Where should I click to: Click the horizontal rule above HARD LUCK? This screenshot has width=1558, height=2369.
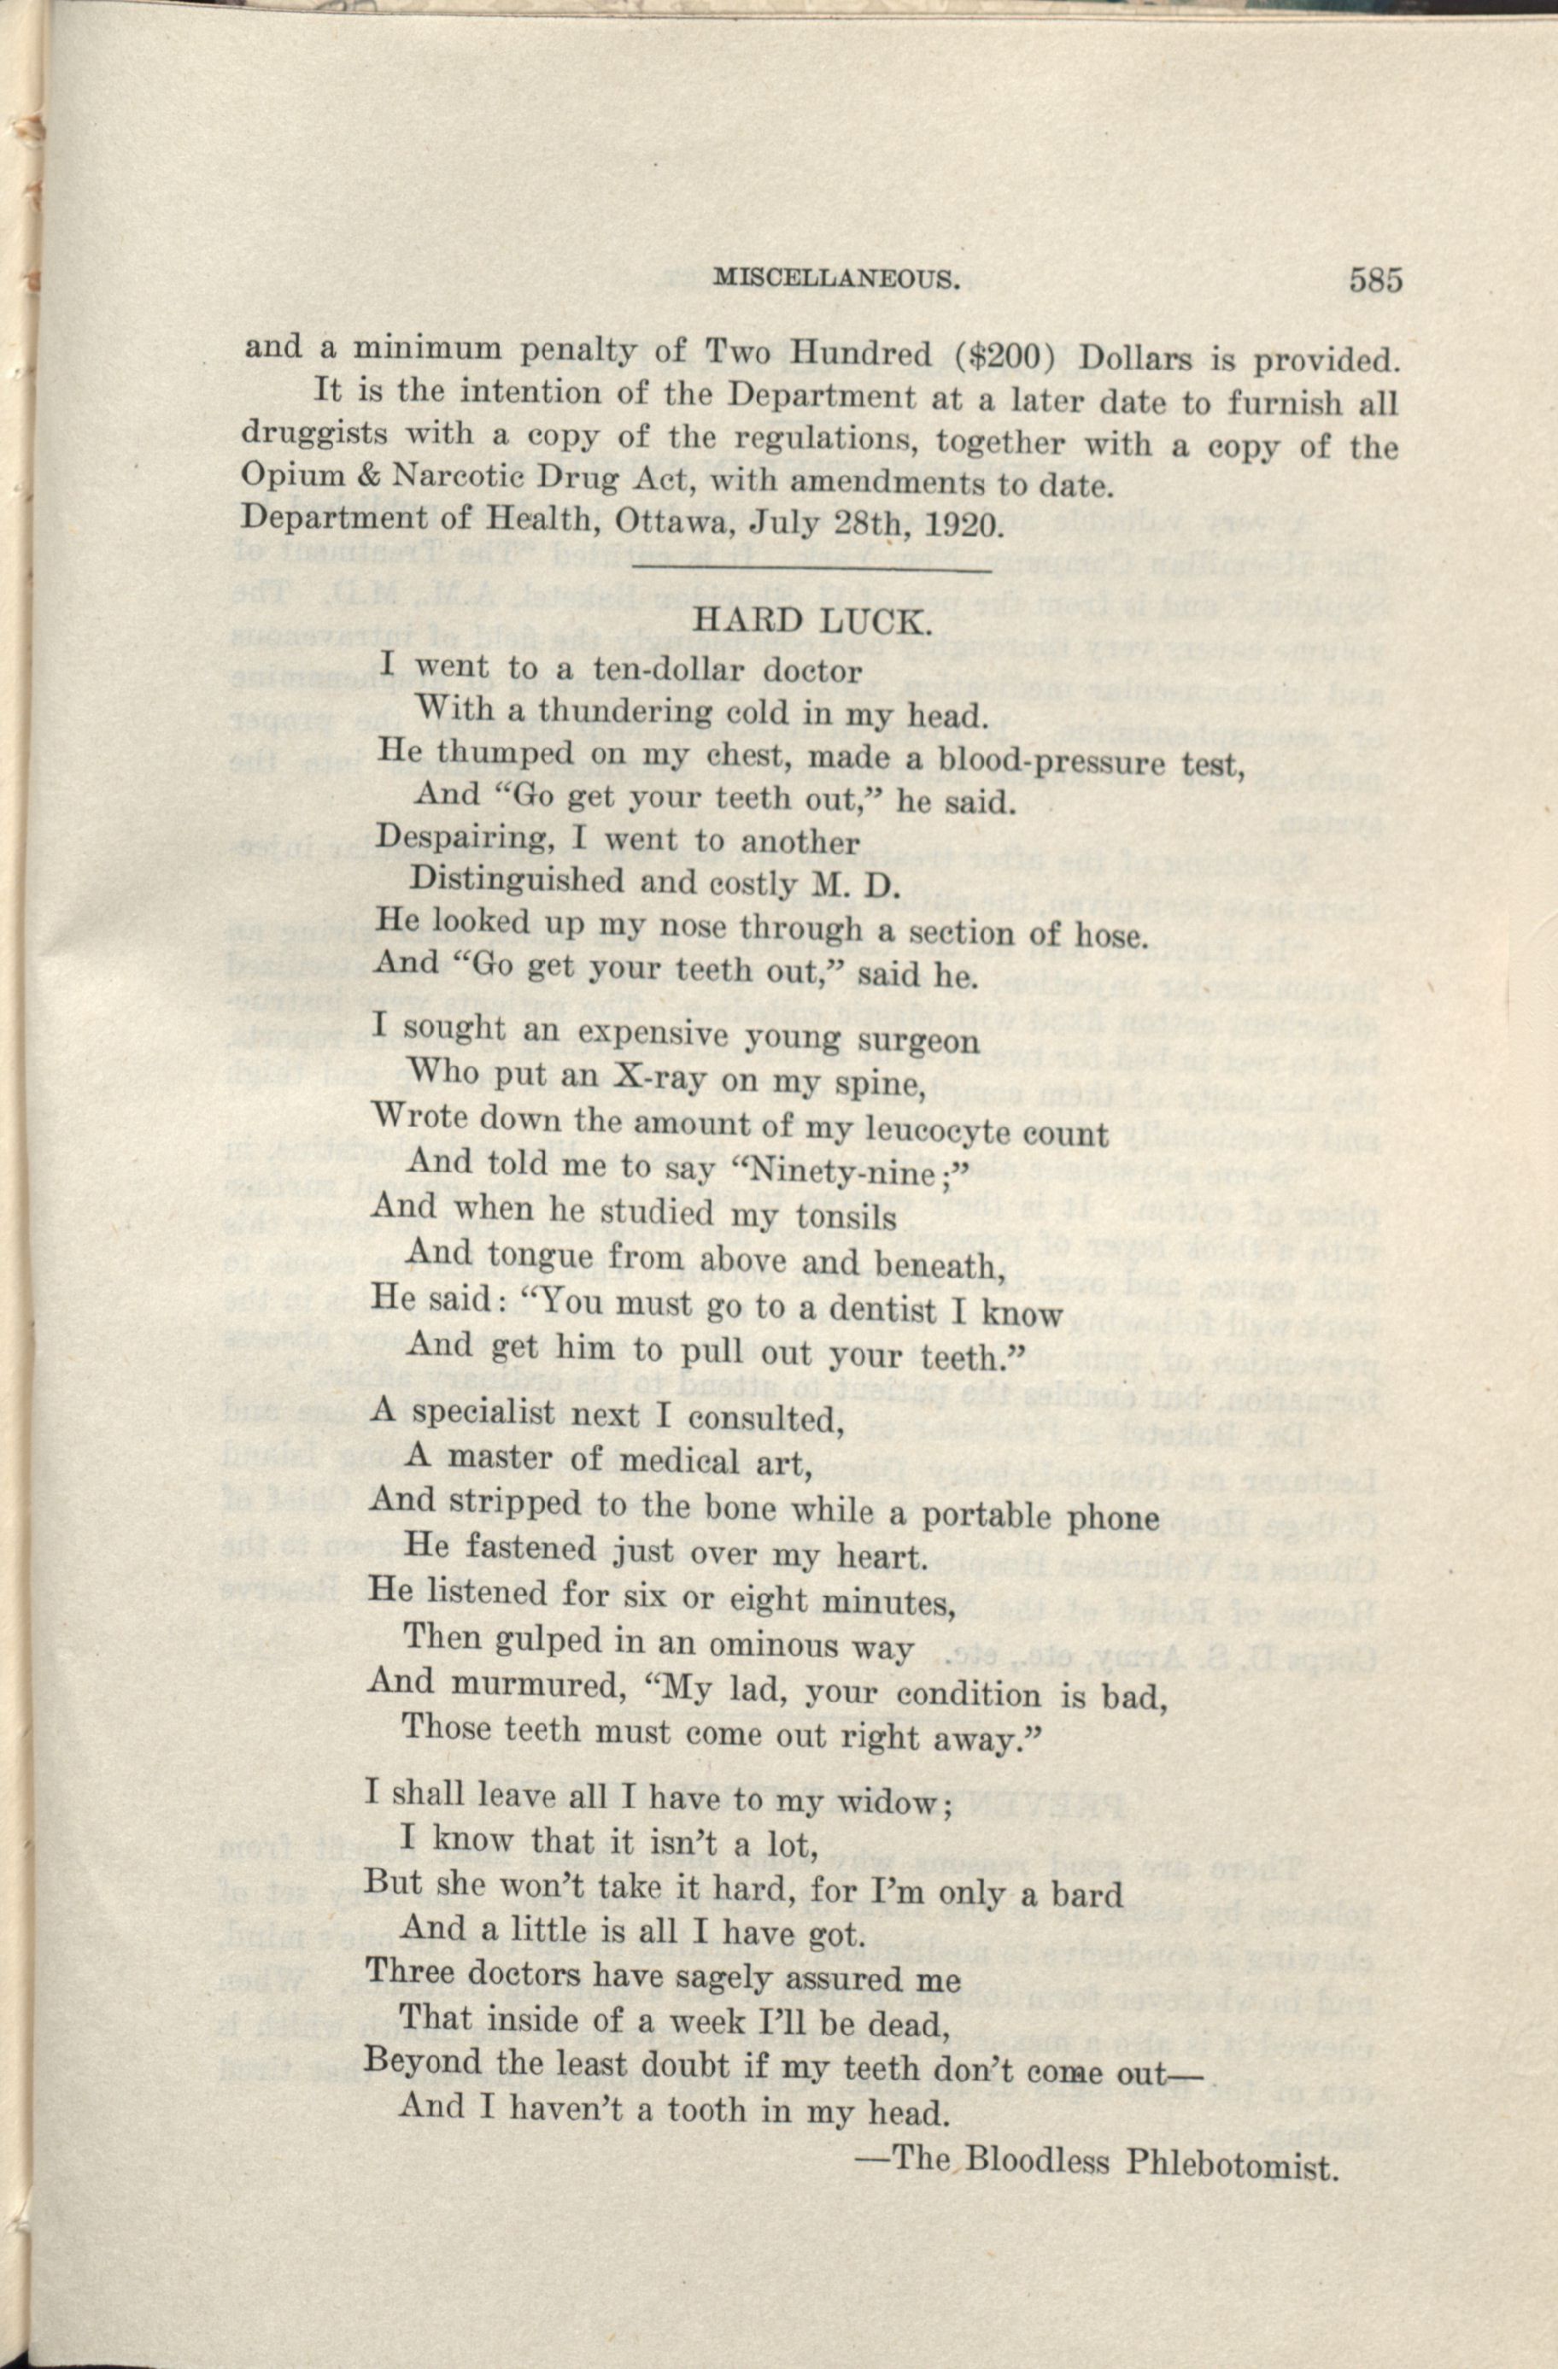pos(811,571)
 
